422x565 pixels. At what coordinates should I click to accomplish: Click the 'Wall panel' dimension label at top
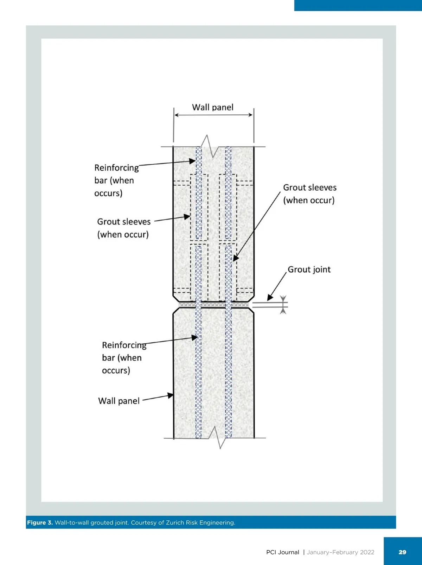pos(212,107)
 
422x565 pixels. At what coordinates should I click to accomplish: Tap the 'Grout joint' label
pos(309,269)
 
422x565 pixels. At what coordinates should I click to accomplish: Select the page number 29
pos(402,552)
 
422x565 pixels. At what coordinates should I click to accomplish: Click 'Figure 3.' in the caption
pos(40,522)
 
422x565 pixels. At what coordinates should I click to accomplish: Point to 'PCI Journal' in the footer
pos(282,552)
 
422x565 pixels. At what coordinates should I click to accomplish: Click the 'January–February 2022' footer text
pos(340,552)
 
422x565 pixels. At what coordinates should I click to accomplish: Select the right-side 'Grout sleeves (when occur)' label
pos(309,194)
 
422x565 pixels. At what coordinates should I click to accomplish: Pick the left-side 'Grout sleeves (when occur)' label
pos(123,228)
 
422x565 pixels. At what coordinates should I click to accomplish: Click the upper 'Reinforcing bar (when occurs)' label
pos(116,180)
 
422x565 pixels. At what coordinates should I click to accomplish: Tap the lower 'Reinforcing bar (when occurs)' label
pos(123,357)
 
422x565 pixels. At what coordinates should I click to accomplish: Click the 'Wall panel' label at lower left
pos(119,401)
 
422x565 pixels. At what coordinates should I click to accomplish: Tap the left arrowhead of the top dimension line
pos(177,115)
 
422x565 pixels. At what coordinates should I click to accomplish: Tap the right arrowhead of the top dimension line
pos(250,115)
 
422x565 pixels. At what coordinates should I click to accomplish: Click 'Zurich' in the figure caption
pos(175,522)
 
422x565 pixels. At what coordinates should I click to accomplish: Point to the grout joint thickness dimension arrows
pos(283,305)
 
